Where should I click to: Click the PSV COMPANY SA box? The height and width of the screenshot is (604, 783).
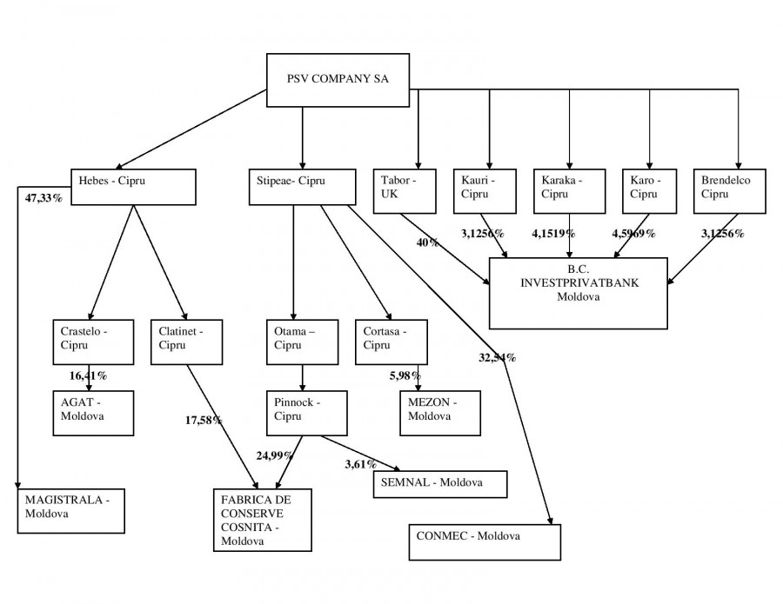pyautogui.click(x=338, y=81)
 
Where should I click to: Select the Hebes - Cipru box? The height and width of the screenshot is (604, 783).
pyautogui.click(x=133, y=186)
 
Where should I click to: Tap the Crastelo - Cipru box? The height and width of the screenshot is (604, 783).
pyautogui.click(x=92, y=342)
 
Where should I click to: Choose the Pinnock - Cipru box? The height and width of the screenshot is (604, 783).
pyautogui.click(x=306, y=412)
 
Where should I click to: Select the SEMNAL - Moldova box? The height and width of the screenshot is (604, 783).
pyautogui.click(x=439, y=483)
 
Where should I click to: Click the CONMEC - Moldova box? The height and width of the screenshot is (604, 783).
pyautogui.click(x=485, y=542)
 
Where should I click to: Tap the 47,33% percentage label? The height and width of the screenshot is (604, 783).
pyautogui.click(x=43, y=199)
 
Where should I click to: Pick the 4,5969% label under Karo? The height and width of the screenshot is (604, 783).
pyautogui.click(x=632, y=234)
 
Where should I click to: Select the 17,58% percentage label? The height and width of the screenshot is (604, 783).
pyautogui.click(x=204, y=421)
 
